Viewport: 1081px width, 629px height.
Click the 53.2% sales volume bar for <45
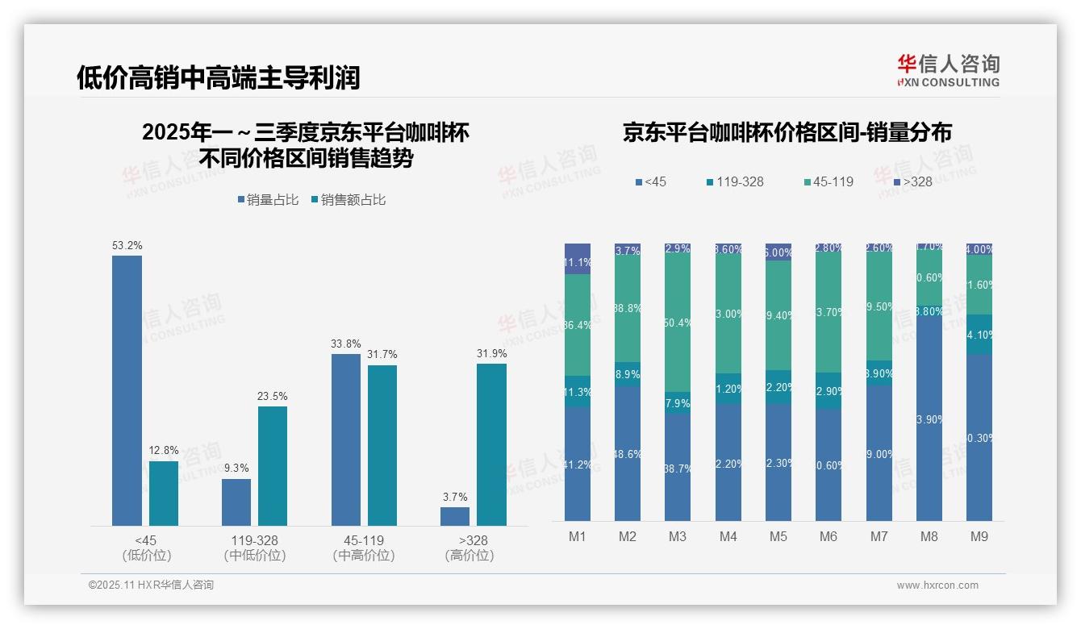coord(127,390)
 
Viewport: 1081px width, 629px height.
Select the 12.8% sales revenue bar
coord(164,494)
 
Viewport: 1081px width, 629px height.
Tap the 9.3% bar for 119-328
coord(236,502)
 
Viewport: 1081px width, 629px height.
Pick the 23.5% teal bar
coord(273,466)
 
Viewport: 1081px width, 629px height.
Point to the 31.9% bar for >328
coord(491,444)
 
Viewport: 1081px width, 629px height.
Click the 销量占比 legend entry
coord(272,200)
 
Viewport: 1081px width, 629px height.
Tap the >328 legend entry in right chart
coord(912,181)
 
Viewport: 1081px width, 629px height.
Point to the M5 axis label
coord(778,537)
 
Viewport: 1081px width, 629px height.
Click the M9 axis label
coord(979,537)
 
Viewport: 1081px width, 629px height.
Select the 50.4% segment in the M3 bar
coord(678,323)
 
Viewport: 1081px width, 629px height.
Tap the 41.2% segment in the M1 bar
coord(578,464)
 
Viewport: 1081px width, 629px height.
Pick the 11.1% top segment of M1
coord(578,259)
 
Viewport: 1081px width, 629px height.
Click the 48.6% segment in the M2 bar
coord(628,453)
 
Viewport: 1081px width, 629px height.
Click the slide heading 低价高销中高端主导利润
coord(218,77)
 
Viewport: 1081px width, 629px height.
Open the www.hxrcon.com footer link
coord(937,585)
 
